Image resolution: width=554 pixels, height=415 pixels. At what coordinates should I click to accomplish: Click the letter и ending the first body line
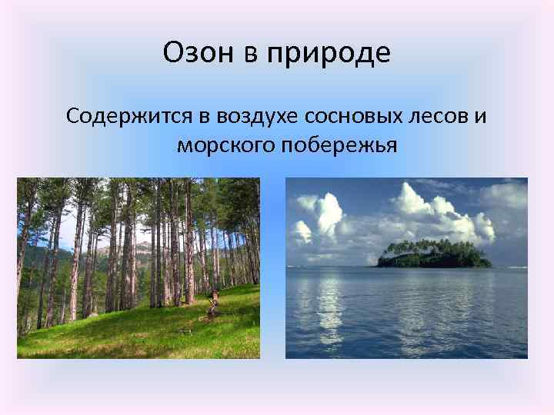(x=481, y=117)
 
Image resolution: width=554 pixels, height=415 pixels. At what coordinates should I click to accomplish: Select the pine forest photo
(x=138, y=268)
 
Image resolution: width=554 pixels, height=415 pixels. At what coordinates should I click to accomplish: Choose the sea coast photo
(x=406, y=268)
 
